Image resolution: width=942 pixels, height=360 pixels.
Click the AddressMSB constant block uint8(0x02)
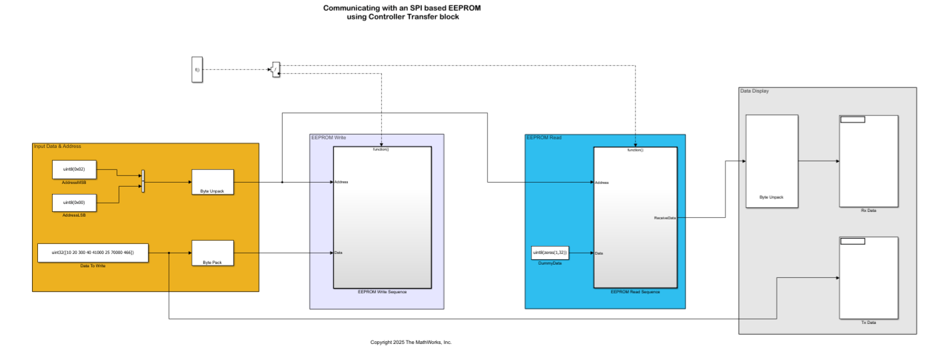click(74, 169)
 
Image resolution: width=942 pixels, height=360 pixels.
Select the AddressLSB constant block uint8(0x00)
click(74, 202)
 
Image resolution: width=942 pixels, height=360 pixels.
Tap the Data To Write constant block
click(93, 253)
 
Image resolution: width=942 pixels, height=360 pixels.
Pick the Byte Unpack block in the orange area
click(212, 181)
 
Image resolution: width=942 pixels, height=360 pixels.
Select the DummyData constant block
click(550, 253)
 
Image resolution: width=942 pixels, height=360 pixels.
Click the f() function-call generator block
click(197, 69)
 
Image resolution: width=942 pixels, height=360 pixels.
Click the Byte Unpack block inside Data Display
click(771, 161)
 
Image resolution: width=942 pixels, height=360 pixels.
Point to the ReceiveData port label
click(665, 218)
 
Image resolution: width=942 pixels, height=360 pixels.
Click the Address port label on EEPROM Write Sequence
click(341, 182)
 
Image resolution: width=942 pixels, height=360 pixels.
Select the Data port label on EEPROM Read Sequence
click(599, 253)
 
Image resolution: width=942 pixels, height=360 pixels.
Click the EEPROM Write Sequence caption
click(382, 292)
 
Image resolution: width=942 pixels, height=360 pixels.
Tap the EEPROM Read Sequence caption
click(635, 292)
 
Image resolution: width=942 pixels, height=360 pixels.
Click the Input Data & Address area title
click(57, 146)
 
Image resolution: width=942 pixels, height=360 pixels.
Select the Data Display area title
click(754, 91)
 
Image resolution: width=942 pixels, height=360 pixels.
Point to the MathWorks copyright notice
click(411, 342)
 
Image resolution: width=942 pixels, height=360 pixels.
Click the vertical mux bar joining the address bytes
click(143, 181)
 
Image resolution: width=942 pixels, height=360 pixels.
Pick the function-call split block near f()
click(276, 69)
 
